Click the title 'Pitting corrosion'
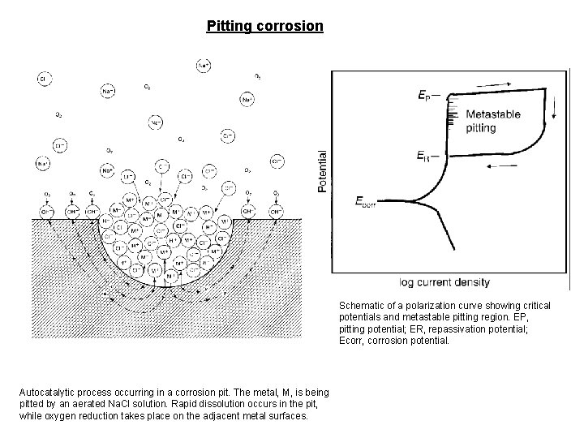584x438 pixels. pos(265,26)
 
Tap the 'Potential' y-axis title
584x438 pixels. pos(322,171)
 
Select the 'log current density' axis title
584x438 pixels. pos(444,282)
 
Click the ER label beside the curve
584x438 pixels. pos(424,155)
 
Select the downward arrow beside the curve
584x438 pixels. pos(555,107)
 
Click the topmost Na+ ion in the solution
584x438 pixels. pos(183,64)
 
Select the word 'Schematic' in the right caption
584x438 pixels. pos(363,306)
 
